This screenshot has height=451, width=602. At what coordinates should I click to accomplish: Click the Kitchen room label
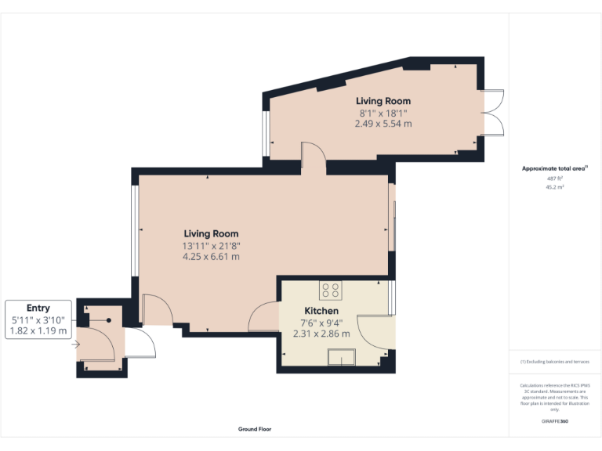click(x=321, y=311)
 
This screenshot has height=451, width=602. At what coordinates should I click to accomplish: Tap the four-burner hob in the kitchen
click(x=331, y=290)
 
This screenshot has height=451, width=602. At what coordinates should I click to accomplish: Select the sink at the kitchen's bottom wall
click(x=342, y=359)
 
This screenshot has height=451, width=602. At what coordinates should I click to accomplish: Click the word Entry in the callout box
click(x=38, y=308)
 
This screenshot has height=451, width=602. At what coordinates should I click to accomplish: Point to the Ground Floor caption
click(x=255, y=429)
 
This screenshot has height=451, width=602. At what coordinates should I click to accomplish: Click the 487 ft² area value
click(x=555, y=179)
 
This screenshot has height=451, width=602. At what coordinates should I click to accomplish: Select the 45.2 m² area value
click(x=555, y=187)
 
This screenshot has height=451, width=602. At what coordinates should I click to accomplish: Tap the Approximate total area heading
click(x=554, y=168)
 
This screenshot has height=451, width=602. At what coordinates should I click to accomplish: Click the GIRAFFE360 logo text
click(x=555, y=421)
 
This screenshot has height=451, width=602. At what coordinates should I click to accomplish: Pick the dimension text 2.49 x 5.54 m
click(x=383, y=124)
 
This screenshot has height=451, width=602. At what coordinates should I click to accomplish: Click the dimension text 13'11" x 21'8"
click(x=211, y=246)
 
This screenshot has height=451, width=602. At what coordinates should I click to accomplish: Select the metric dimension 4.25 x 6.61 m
click(x=211, y=256)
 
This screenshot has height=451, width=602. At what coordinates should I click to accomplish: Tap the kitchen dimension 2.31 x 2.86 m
click(x=321, y=333)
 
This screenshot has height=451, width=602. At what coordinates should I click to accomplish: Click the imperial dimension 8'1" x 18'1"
click(x=383, y=113)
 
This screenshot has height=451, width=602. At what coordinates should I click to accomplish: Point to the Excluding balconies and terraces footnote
click(x=554, y=362)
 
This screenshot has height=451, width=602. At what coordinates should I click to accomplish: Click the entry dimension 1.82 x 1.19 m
click(x=38, y=331)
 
